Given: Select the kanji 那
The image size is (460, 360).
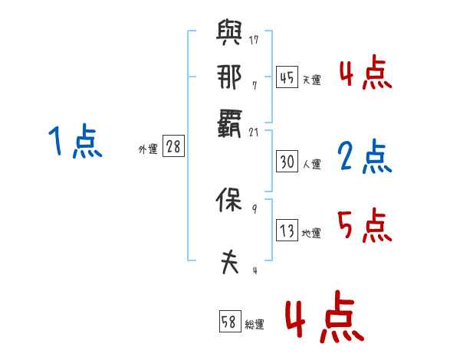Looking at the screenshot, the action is pos(229,77).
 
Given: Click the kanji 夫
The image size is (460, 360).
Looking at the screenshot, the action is pos(229,262).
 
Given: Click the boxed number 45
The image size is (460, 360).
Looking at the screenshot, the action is pos(286,78).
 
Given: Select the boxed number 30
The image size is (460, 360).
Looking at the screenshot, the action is pos(286,162).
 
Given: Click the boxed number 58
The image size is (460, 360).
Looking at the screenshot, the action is pos(229,322).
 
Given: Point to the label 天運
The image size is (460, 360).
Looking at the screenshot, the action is pos(311,80).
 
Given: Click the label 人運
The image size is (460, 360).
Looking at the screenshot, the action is pos(311,164).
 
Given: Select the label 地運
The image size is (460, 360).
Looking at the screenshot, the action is pos(311,233).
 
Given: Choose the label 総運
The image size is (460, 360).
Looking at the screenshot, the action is pos(255,324).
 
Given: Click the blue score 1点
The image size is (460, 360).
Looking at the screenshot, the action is pos(75,142).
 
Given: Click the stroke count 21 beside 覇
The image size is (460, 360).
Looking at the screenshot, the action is pos(255,132).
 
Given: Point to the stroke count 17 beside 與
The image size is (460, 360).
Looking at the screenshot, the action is pos(255,40).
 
